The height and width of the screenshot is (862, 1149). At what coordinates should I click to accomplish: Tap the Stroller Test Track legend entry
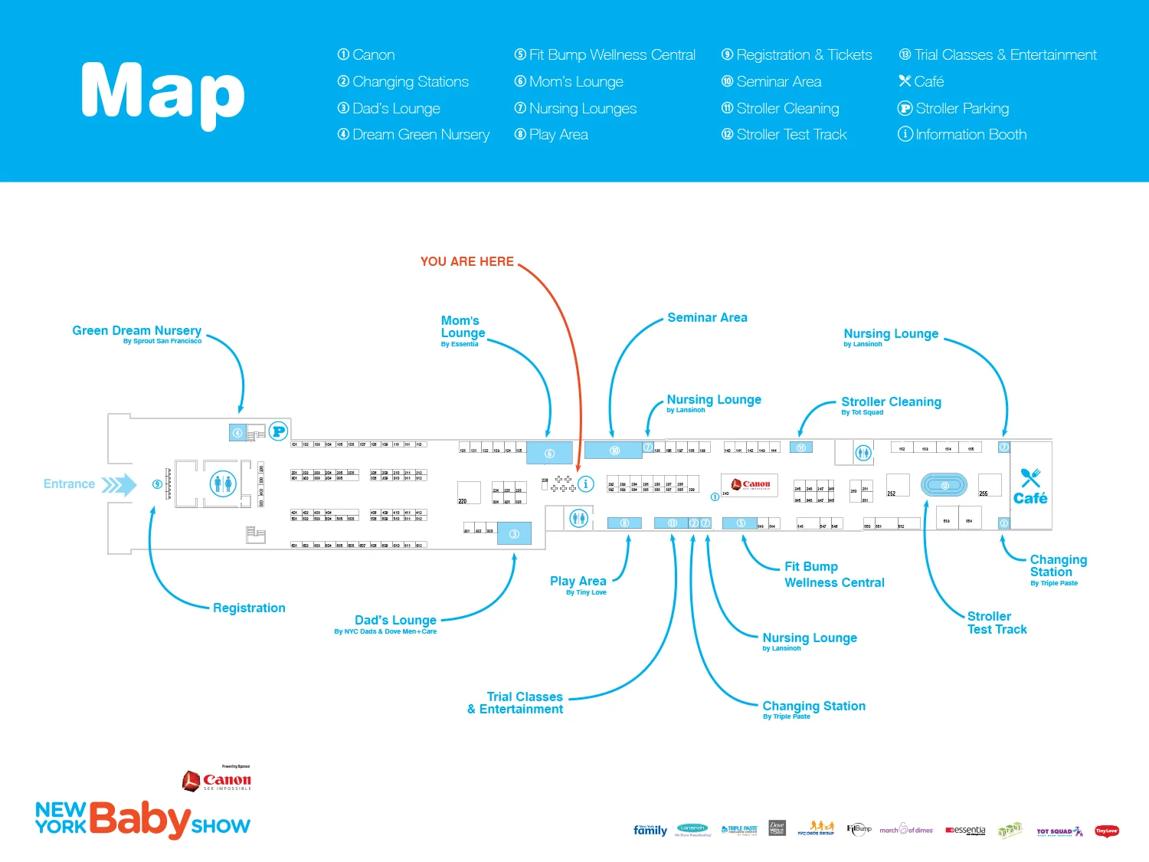[784, 135]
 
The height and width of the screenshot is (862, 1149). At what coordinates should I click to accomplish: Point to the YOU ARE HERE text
[466, 261]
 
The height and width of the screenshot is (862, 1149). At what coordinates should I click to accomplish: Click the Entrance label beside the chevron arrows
[69, 484]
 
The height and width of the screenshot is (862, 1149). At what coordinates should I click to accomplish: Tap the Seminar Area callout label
[707, 317]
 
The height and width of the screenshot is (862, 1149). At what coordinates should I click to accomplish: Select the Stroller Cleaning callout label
[891, 402]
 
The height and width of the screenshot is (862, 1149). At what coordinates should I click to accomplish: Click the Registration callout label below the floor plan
[249, 608]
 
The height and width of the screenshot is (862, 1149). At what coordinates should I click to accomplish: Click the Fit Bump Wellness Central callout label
[833, 575]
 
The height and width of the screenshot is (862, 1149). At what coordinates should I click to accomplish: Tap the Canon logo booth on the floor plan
[750, 484]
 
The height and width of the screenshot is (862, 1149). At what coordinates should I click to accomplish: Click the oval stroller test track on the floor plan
[944, 485]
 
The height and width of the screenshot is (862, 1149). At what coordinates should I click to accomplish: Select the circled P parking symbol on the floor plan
[278, 431]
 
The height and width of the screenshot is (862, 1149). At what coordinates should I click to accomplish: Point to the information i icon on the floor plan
[585, 483]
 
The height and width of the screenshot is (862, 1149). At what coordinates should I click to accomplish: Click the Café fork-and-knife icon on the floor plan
[1030, 477]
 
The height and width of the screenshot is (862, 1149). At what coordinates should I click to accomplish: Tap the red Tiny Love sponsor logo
[1106, 831]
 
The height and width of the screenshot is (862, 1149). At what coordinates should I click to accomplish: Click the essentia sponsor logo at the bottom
[965, 831]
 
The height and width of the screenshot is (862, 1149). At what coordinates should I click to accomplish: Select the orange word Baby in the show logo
[139, 820]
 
